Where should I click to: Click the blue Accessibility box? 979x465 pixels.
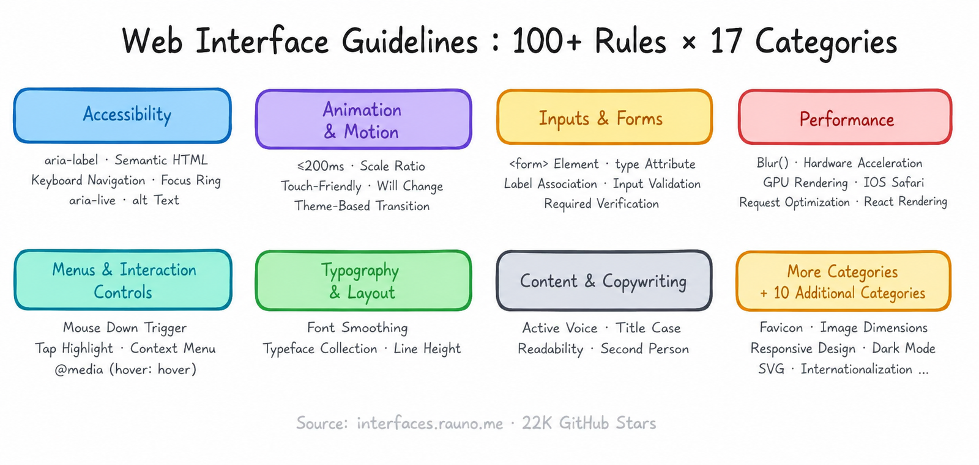pyautogui.click(x=122, y=115)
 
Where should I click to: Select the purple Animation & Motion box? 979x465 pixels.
pyautogui.click(x=363, y=119)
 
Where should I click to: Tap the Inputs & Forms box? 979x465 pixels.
pyautogui.click(x=605, y=117)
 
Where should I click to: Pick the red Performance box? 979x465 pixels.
pyautogui.click(x=845, y=117)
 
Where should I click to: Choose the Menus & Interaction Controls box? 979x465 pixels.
pyautogui.click(x=123, y=280)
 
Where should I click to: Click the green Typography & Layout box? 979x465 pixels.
pyautogui.click(x=363, y=280)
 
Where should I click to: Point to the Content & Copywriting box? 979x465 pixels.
pyautogui.click(x=604, y=280)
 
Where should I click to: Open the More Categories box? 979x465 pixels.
pyautogui.click(x=844, y=281)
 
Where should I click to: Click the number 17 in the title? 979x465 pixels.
pyautogui.click(x=726, y=42)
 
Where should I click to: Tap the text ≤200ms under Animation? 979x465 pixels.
pyautogui.click(x=321, y=166)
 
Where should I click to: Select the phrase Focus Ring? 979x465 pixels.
pyautogui.click(x=190, y=180)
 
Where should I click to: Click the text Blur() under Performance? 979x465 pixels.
pyautogui.click(x=773, y=163)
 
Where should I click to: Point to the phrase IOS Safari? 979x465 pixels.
pyautogui.click(x=894, y=183)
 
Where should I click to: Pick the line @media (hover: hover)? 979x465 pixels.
pyautogui.click(x=125, y=370)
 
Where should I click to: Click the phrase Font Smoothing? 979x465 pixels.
pyautogui.click(x=357, y=328)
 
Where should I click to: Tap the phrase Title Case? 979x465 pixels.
pyautogui.click(x=648, y=328)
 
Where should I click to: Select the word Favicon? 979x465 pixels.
pyautogui.click(x=781, y=328)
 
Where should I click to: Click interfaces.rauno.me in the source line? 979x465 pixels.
pyautogui.click(x=430, y=423)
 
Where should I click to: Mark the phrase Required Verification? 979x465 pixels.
pyautogui.click(x=601, y=204)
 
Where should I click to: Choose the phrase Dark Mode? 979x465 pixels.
pyautogui.click(x=903, y=348)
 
